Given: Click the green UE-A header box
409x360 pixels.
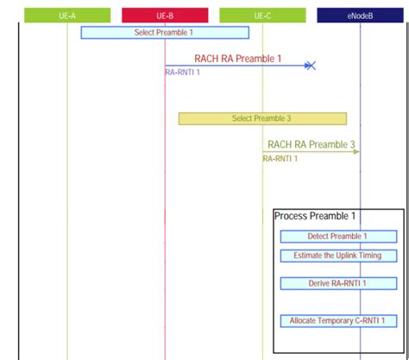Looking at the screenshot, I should [x=67, y=15].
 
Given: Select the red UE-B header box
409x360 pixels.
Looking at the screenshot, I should [x=165, y=15].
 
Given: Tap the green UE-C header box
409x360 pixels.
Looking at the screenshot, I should [x=262, y=15].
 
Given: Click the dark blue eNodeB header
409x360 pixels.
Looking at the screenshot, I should [x=360, y=15].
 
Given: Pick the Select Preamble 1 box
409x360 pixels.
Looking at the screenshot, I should [x=165, y=32].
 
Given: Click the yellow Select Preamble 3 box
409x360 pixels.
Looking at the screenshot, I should [x=262, y=118].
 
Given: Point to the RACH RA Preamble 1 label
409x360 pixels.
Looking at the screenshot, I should [x=237, y=59].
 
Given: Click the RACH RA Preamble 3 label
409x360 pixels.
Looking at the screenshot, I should [x=311, y=145].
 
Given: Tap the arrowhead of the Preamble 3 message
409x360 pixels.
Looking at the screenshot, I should [x=356, y=152].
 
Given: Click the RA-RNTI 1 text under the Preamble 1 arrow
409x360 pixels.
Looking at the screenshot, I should [x=183, y=73].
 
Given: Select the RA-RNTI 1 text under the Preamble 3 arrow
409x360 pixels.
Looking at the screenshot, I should [x=280, y=159].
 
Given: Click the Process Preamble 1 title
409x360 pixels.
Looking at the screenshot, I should [x=315, y=216].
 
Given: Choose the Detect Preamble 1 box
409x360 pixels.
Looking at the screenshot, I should [x=338, y=237].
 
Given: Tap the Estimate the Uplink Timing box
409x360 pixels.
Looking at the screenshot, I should [x=338, y=256].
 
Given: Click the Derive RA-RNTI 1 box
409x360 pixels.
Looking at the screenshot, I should [x=338, y=283].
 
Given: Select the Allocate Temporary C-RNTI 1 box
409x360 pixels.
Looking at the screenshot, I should [x=338, y=320].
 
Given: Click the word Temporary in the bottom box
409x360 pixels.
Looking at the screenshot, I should [x=337, y=320].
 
